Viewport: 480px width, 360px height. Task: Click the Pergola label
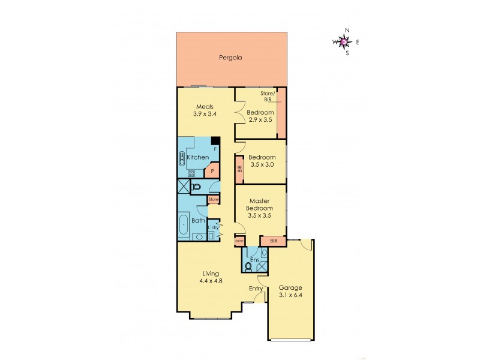coord(230,59)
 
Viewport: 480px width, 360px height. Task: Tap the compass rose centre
coord(343,41)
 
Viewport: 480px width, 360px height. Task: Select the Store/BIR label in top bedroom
coord(267,96)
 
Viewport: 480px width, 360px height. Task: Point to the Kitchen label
coord(197,157)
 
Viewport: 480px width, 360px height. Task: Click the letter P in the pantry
coord(212,171)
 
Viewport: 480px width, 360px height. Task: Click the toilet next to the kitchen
coord(196,187)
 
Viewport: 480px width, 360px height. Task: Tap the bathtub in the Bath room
coord(184,227)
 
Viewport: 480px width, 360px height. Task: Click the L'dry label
coord(212,227)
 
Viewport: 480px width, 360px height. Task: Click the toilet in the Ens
coord(248,265)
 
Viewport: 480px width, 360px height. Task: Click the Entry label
coord(256,289)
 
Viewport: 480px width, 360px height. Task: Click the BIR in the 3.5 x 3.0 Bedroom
coord(239,169)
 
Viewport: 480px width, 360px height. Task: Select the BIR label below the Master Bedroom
coord(274,241)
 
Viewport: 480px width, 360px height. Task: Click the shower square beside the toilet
coord(182,187)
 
